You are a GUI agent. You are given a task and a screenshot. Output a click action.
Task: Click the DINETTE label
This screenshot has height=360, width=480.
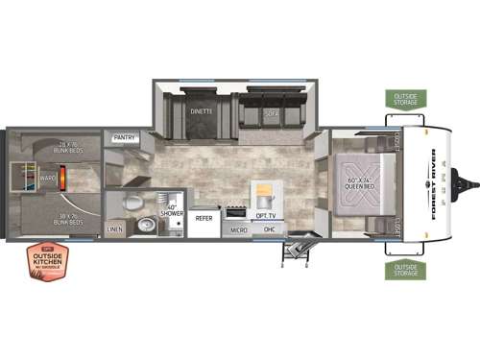coord(200,111)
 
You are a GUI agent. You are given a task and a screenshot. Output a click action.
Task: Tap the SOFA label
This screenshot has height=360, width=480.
coord(271,111)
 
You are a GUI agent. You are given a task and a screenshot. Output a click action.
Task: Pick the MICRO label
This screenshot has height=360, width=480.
coord(239,230)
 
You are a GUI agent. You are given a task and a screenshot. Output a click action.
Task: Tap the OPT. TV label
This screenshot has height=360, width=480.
coord(265,216)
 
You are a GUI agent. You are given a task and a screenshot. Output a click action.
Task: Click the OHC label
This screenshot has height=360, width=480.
coord(270,230)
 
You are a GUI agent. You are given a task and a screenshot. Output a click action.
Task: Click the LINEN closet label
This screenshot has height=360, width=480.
coord(116,230)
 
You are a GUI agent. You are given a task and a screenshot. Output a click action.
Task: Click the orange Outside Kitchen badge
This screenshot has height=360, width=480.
coord(46,261)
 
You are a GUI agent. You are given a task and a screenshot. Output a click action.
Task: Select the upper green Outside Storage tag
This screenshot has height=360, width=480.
coord(404,99)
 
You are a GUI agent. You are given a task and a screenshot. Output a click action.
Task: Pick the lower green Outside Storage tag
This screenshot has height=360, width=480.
coord(404,268)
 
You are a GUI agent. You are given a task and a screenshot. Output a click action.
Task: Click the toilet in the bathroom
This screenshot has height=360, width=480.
coord(135,203)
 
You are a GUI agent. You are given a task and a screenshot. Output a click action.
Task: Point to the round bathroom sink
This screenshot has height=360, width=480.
coord(145,227)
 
